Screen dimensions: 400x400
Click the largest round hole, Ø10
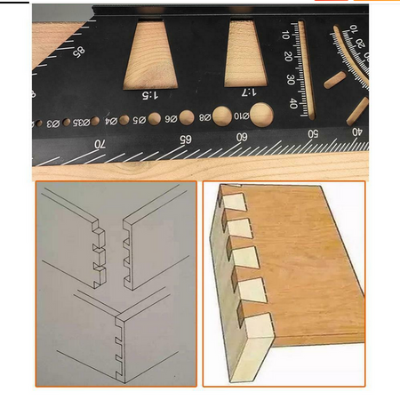[x=260, y=113]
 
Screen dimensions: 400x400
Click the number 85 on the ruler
[x=78, y=55]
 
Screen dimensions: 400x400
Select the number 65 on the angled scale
[x=185, y=140]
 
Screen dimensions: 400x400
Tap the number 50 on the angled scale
[x=311, y=133]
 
